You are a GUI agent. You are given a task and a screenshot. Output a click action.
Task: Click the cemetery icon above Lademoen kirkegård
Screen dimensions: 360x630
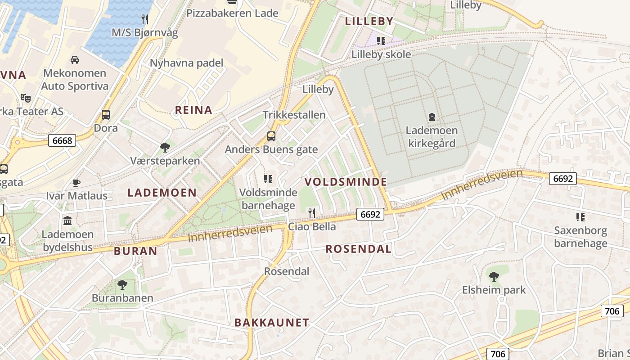(432, 117)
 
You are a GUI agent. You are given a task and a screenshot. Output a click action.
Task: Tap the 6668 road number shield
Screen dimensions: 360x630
(62, 141)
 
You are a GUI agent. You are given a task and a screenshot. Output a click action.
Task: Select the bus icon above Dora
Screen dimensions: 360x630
(106, 115)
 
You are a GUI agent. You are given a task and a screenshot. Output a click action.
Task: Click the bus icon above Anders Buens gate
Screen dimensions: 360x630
(271, 136)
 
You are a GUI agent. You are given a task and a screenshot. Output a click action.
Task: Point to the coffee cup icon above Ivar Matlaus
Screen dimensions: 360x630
(76, 183)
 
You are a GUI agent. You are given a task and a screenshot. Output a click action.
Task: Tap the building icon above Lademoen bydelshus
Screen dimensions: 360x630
(67, 221)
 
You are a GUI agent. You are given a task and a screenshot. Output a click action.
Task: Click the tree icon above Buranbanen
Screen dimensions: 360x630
(122, 284)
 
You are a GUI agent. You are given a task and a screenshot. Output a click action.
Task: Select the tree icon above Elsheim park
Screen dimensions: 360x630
(494, 276)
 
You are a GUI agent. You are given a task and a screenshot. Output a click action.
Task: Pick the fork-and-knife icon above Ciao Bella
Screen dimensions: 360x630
(311, 213)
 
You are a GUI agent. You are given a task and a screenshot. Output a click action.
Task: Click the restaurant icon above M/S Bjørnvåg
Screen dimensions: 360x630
(144, 19)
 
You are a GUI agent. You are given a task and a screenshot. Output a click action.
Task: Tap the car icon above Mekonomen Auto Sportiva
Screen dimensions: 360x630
(75, 59)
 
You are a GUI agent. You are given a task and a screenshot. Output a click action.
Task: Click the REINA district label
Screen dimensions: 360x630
(193, 110)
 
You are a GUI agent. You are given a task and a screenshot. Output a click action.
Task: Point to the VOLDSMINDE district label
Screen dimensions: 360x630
(346, 182)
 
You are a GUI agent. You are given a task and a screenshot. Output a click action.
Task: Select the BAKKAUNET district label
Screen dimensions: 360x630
(272, 322)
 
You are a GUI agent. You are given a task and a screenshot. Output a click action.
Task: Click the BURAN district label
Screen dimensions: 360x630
(135, 251)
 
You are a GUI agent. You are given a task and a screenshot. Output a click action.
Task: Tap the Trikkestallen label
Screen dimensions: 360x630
(294, 115)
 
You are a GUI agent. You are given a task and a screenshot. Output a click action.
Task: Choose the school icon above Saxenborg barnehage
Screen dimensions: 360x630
(580, 217)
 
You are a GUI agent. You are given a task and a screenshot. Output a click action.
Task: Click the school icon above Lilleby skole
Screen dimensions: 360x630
(381, 41)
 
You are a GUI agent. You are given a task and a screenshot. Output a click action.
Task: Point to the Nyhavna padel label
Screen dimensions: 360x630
(186, 63)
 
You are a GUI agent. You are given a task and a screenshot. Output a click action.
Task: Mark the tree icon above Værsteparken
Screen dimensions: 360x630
(165, 147)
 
